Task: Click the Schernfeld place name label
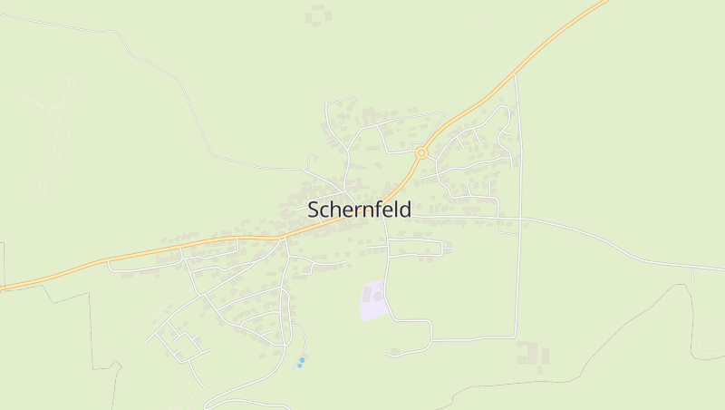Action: click(x=359, y=210)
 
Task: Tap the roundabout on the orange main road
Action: click(x=421, y=153)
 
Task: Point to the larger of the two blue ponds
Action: click(x=302, y=360)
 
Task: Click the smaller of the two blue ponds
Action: click(x=299, y=366)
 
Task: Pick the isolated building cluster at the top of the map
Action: click(x=317, y=15)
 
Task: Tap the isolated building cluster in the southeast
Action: click(x=533, y=354)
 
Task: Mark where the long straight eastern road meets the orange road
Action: click(x=516, y=75)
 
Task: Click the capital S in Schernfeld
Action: click(x=314, y=210)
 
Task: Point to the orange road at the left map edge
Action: click(x=3, y=289)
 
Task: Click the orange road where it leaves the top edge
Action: click(x=605, y=3)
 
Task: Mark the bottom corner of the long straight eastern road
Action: click(x=517, y=337)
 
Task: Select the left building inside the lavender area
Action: click(x=368, y=295)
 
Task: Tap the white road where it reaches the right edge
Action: click(x=721, y=268)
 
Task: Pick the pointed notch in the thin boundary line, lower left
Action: click(x=119, y=363)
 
